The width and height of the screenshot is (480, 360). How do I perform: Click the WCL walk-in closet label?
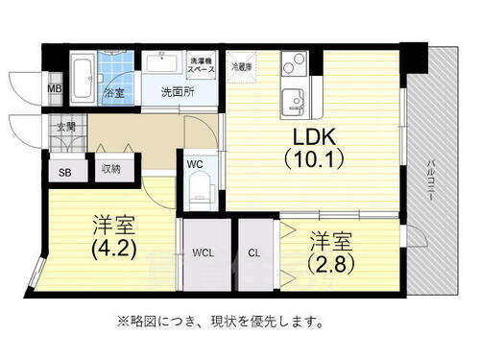(x=202, y=253)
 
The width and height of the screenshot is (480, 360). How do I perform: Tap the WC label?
(x=195, y=164)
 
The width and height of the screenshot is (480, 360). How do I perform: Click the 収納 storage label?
(x=111, y=170)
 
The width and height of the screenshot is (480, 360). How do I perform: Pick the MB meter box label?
(x=54, y=92)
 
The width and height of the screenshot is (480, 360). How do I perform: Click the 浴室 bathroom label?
(x=112, y=93)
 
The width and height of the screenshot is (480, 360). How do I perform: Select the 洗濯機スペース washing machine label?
(x=201, y=65)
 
